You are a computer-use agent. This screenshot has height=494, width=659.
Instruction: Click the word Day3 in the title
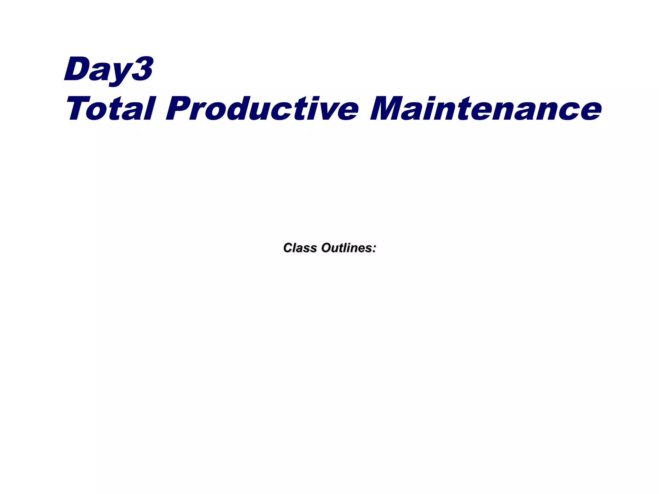coord(109,69)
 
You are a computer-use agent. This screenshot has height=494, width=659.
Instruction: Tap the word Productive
coord(262,108)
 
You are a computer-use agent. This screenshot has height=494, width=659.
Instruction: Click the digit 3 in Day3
coord(142,69)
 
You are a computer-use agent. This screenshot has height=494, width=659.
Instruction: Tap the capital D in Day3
coord(77,69)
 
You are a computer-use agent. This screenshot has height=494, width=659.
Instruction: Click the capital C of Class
coord(288,248)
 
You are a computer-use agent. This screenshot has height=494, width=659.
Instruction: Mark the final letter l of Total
coord(151,108)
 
